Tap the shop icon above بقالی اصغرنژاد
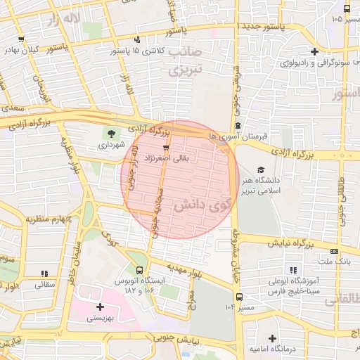click(x=166, y=148)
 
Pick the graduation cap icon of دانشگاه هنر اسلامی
click(x=261, y=170)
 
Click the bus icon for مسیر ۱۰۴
click(x=239, y=297)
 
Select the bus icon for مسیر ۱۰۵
click(x=347, y=9)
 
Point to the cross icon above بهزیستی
click(x=100, y=307)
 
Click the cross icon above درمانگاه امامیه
click(x=272, y=338)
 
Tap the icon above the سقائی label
click(x=44, y=274)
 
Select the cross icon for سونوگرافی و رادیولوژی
click(x=314, y=51)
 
